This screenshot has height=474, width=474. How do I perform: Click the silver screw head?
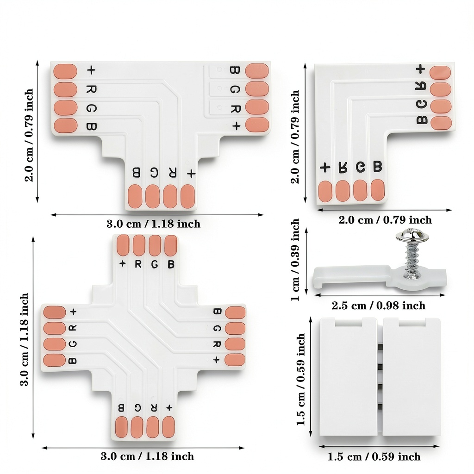click(x=412, y=236)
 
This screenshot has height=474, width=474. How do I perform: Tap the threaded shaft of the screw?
click(x=411, y=261)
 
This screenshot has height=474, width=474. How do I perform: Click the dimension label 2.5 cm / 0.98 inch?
click(x=379, y=306)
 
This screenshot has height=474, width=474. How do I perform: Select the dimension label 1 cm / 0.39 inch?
click(x=295, y=260)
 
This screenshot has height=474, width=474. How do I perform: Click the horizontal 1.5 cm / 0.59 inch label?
click(x=374, y=456)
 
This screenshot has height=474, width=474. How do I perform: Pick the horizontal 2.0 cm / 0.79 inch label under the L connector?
click(x=385, y=220)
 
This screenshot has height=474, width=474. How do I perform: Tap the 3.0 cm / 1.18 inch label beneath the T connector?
click(x=153, y=224)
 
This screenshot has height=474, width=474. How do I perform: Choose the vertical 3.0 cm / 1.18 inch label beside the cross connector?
click(x=24, y=339)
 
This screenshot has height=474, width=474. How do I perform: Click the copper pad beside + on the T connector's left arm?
click(x=65, y=71)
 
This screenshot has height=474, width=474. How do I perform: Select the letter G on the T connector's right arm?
click(x=235, y=89)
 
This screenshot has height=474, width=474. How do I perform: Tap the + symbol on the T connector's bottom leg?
click(x=191, y=174)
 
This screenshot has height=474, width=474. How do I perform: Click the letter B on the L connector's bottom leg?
click(x=378, y=167)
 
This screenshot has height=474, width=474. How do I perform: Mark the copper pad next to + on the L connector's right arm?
click(x=440, y=73)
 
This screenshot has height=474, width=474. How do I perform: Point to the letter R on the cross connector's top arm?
click(x=138, y=264)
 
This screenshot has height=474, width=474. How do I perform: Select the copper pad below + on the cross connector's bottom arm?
click(x=168, y=427)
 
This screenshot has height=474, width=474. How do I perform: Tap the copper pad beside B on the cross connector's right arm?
click(x=235, y=312)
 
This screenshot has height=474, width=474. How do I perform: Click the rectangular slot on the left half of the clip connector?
click(x=348, y=323)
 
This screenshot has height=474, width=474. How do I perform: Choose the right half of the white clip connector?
click(x=412, y=377)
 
